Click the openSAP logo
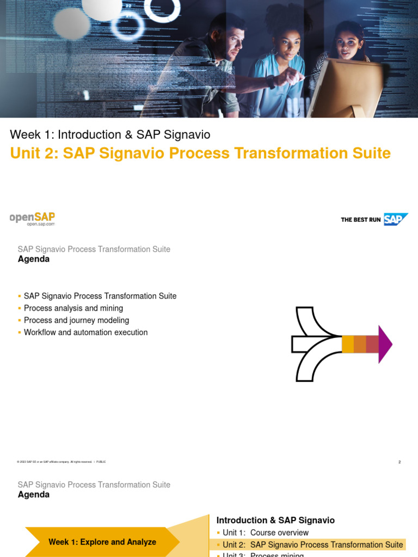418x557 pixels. pos(32,217)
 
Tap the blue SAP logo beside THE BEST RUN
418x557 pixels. pos(395,219)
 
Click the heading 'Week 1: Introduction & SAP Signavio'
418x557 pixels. pos(110,134)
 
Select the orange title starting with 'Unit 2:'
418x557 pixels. pos(200,153)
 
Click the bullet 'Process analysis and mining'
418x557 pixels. pos(73,308)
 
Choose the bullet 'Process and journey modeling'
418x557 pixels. pos(76,320)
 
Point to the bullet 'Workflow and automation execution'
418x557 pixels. pos(85,332)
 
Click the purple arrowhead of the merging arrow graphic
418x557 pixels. pos(385,344)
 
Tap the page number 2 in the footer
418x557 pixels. pos(399,462)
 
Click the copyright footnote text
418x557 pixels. pos(62,462)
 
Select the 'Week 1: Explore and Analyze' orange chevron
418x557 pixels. pos(102,542)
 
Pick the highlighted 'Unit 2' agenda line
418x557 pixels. pos(312,544)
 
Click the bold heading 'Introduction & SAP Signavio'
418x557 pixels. pos(275,521)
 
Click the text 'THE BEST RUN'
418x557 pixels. pos(361,220)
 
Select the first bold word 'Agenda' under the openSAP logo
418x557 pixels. pos(34,259)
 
